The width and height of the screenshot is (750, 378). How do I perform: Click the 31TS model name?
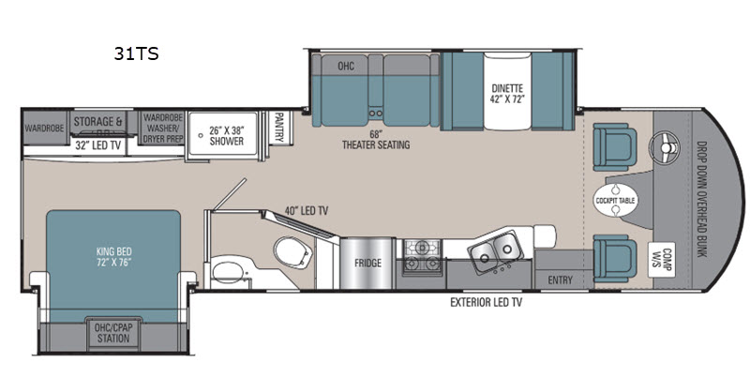(136, 53)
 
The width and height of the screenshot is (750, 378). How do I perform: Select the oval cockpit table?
(616, 200)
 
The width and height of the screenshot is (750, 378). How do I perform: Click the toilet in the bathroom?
(292, 251)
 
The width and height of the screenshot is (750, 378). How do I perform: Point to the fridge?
(367, 263)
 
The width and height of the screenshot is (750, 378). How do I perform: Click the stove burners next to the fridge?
(422, 256)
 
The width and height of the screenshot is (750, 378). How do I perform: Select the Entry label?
(560, 280)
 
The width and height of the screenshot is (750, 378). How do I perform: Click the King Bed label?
(113, 256)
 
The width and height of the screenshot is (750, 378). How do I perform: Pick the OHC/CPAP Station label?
(113, 333)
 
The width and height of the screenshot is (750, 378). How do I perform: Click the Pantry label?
(279, 128)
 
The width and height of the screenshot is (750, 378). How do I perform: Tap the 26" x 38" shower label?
(226, 135)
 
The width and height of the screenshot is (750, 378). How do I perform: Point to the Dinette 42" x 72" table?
(507, 91)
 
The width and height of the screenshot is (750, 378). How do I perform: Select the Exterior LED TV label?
(486, 302)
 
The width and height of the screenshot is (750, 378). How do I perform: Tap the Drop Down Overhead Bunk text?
(701, 199)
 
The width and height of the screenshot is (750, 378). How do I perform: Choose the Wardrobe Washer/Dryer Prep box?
(163, 128)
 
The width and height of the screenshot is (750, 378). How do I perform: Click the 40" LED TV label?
(307, 210)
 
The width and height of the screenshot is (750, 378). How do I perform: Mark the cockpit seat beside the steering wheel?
(615, 146)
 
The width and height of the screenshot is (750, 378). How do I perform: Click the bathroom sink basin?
(228, 272)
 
